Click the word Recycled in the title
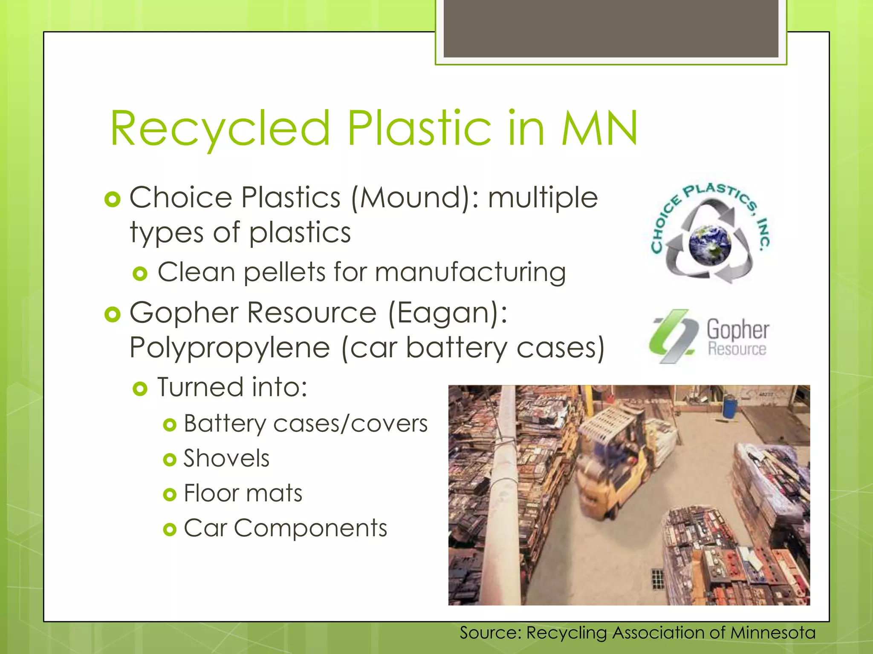[220, 129]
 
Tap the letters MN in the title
[599, 129]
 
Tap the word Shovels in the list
[226, 459]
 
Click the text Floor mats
[243, 493]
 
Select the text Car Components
[285, 528]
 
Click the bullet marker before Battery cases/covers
[170, 425]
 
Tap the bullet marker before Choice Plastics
[113, 199]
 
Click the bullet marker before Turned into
[140, 389]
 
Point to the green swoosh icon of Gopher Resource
[673, 336]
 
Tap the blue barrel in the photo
[730, 407]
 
